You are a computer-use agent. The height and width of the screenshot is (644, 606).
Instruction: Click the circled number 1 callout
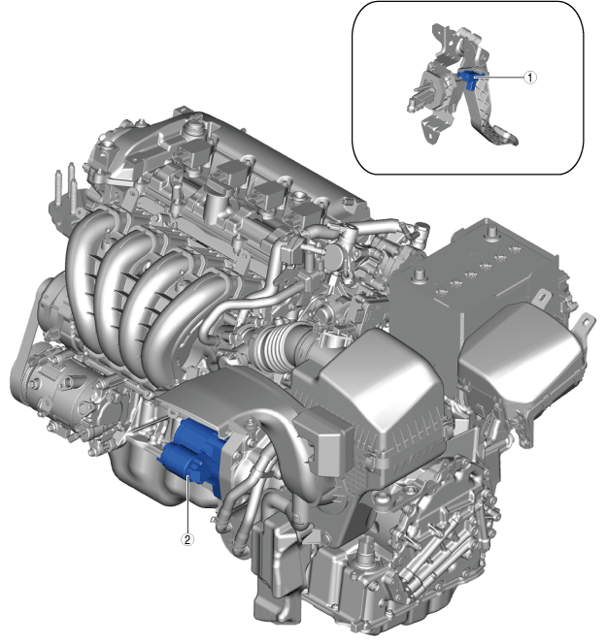[x=530, y=77]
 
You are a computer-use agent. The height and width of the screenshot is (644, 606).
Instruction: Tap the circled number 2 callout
[x=187, y=539]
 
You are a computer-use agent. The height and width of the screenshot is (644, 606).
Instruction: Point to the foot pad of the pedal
[x=501, y=138]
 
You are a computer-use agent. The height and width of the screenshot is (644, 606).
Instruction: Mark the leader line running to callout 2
[x=187, y=504]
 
